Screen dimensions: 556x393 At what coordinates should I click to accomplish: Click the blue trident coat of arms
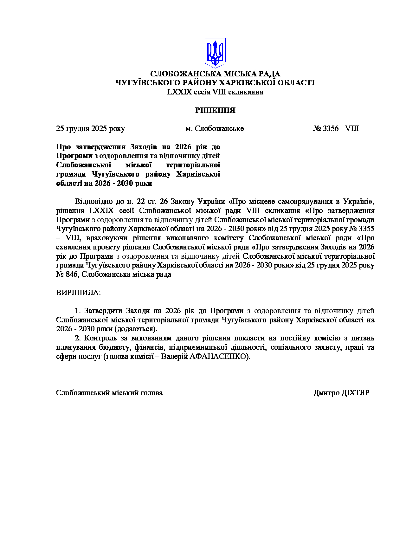click(x=215, y=53)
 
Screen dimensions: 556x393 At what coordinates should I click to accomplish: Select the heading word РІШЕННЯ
click(x=215, y=110)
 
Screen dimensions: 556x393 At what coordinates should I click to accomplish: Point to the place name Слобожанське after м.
click(x=219, y=128)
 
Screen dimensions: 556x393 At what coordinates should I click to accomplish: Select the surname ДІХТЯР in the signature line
click(x=355, y=393)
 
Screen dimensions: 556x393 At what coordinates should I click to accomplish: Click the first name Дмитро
click(x=326, y=393)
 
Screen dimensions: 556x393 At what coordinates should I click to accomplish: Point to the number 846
click(x=72, y=274)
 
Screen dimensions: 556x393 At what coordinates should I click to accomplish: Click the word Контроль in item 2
click(x=100, y=338)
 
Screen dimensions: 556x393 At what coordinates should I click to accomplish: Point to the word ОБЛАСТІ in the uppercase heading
click(x=296, y=83)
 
